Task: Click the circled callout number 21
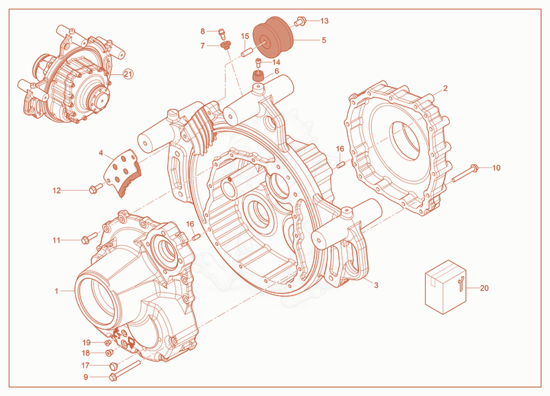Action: point(128,74)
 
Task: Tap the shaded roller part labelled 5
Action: point(273,38)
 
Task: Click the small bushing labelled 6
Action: point(258,76)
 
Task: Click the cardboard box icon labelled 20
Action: point(445,286)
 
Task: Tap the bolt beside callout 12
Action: point(96,188)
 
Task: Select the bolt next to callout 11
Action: point(89,237)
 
